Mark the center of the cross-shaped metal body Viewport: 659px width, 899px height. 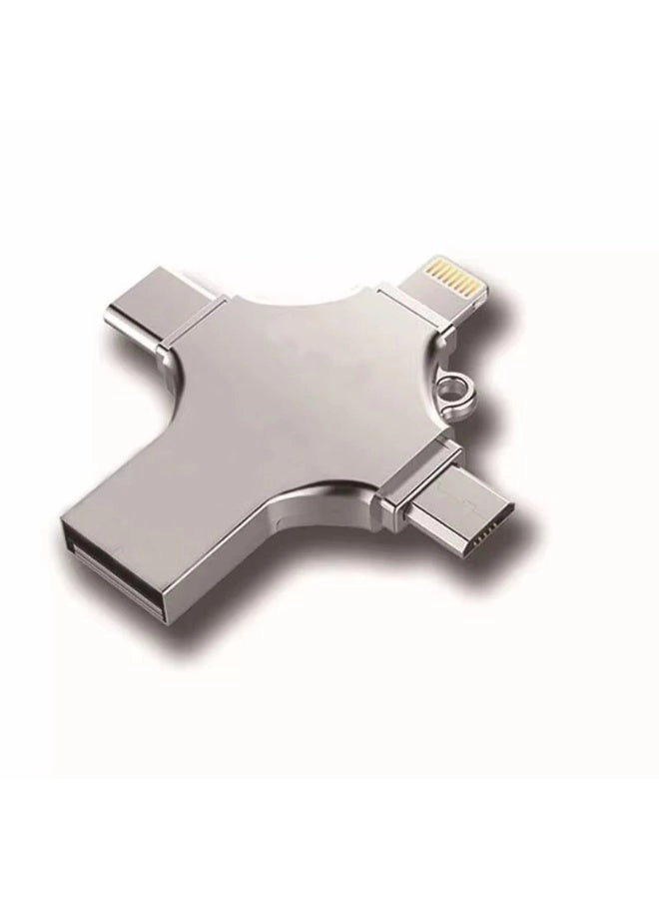[300, 400]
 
